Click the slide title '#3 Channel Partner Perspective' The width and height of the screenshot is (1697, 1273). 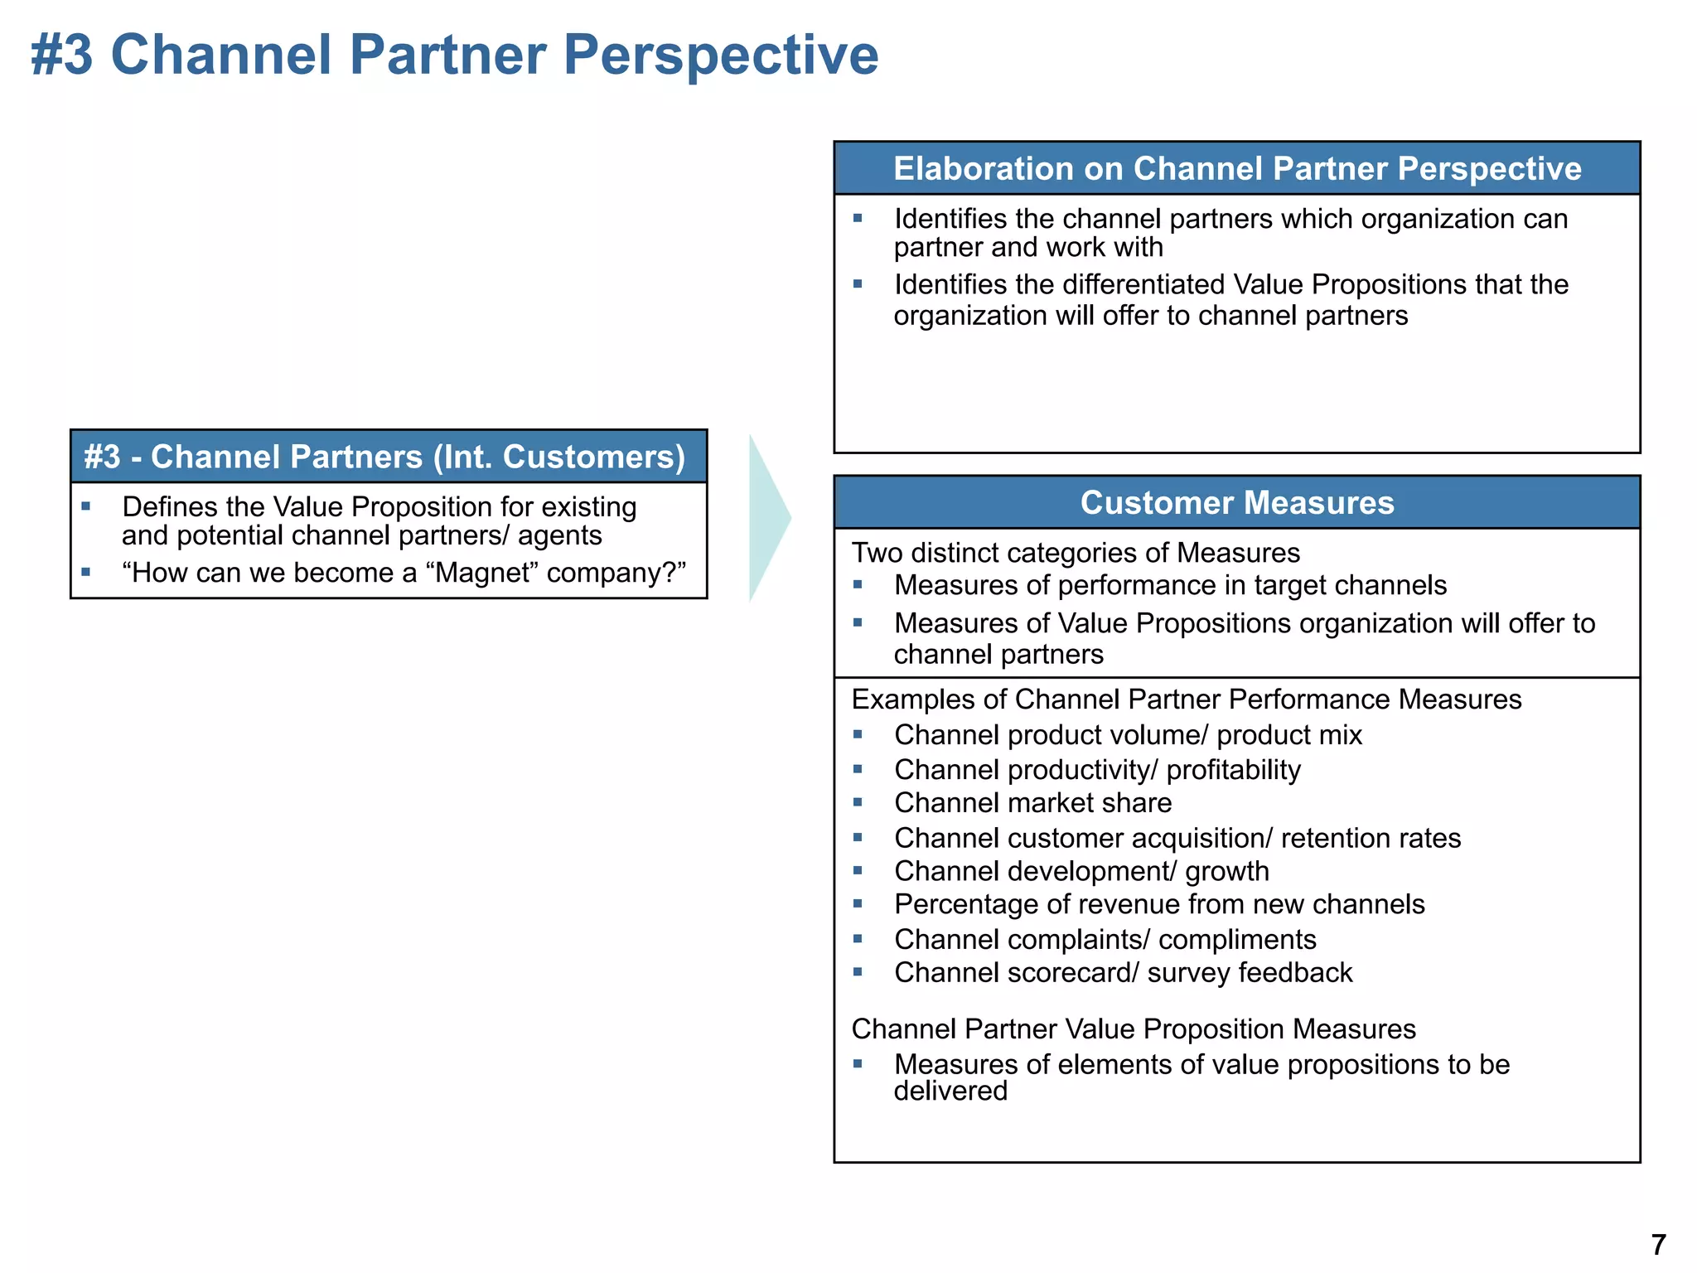[x=454, y=55]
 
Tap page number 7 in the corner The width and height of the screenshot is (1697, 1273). [x=1658, y=1245]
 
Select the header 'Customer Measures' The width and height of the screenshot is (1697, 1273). [x=1236, y=503]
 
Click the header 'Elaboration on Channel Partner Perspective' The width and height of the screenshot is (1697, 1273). [x=1236, y=169]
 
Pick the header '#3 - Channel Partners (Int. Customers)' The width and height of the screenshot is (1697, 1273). [x=385, y=457]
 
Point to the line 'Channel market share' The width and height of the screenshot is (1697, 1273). [x=1032, y=803]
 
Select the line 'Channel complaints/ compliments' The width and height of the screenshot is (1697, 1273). [x=1105, y=939]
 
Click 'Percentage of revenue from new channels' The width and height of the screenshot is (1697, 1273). [x=1159, y=904]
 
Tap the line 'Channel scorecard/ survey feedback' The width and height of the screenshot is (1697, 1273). [x=1123, y=972]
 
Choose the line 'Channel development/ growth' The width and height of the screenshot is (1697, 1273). [x=1081, y=871]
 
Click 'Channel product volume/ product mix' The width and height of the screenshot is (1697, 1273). [x=1128, y=735]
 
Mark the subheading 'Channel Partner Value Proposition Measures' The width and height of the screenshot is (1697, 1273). [x=1134, y=1029]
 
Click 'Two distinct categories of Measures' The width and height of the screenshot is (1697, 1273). [x=1076, y=553]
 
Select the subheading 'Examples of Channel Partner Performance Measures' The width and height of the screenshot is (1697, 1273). [x=1186, y=699]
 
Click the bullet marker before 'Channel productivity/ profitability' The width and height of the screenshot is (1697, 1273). [x=858, y=769]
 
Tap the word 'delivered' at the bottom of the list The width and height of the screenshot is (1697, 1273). [x=950, y=1091]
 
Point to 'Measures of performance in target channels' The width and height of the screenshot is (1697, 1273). [x=1170, y=586]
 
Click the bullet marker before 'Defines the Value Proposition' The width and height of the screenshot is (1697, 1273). [x=85, y=506]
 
